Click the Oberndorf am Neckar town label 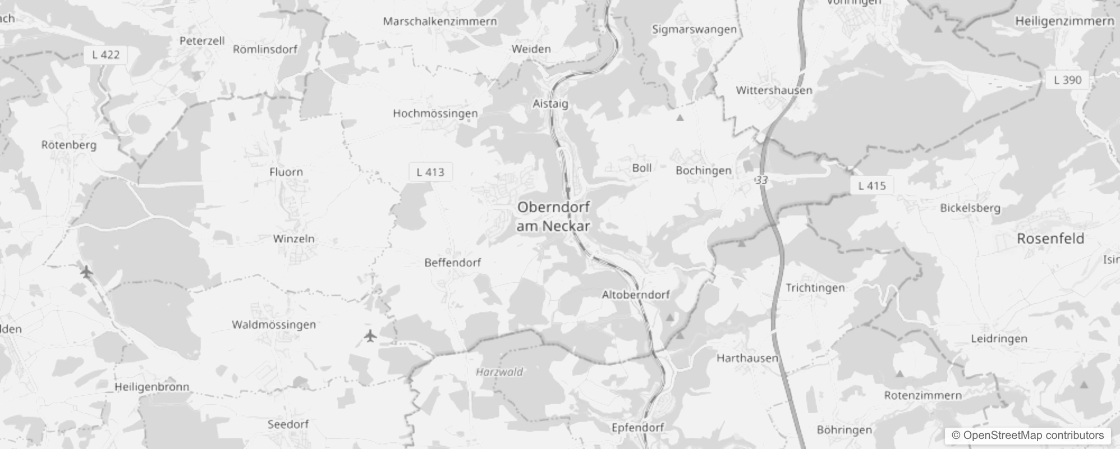coord(553,216)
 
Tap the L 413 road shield coord(430,172)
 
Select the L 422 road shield coord(105,54)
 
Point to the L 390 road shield coord(1067,80)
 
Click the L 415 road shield coord(872,185)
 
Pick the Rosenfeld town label coord(1050,239)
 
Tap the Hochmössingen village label coord(435,113)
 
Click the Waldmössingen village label coord(274,324)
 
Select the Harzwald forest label coord(499,372)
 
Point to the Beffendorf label coord(452,262)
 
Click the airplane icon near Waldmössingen coord(370,336)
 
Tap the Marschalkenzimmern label coord(440,21)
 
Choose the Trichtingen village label coord(815,288)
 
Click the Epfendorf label coord(637,428)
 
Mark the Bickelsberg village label coord(970,208)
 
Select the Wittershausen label coord(774,90)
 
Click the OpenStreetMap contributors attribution coord(1027,436)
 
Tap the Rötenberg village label coord(69,145)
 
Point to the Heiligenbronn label coord(152,387)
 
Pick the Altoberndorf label coord(636,295)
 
